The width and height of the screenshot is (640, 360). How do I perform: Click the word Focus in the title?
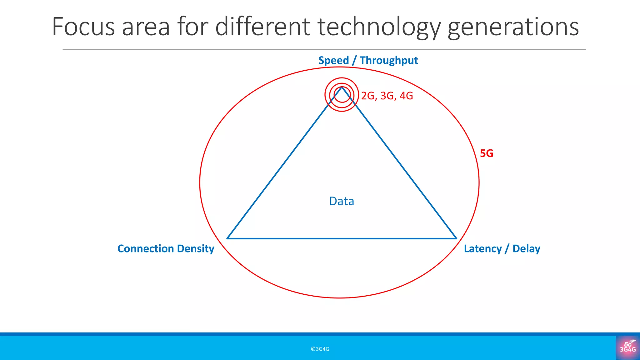[x=83, y=27]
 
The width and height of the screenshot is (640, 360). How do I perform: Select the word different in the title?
[x=262, y=27]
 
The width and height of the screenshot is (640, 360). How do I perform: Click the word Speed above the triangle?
[x=333, y=61]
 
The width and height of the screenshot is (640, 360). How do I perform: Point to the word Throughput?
[x=388, y=61]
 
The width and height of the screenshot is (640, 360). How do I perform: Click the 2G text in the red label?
[x=368, y=96]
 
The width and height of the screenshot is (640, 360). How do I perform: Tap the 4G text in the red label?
[x=406, y=96]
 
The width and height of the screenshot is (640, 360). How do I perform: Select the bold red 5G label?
[x=487, y=153]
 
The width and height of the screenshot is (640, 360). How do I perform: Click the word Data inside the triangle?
[x=342, y=201]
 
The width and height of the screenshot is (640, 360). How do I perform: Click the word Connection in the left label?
[x=145, y=249]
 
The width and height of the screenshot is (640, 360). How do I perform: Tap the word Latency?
[x=482, y=249]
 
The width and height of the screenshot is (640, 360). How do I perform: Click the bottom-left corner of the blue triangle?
[x=227, y=238]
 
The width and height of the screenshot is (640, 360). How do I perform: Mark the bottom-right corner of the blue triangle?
[x=456, y=238]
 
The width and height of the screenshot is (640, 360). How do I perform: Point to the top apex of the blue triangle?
[x=342, y=87]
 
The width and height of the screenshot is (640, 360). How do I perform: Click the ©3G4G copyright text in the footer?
[x=320, y=349]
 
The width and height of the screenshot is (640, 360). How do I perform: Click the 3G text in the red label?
[x=387, y=96]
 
